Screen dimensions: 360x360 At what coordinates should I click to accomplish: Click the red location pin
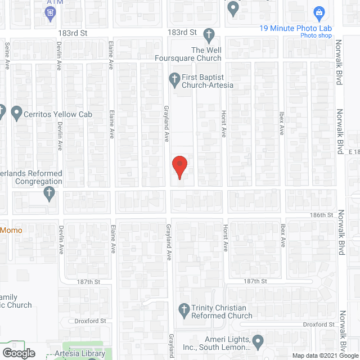tap(179, 166)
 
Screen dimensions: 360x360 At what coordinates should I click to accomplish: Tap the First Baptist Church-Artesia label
tap(207, 81)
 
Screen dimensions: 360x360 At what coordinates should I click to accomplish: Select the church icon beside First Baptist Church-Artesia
tap(174, 78)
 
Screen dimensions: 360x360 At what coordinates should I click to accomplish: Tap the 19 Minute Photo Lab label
tap(295, 29)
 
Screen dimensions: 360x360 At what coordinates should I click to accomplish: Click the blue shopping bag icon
tap(319, 12)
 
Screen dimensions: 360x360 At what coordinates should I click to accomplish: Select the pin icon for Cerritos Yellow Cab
tap(16, 114)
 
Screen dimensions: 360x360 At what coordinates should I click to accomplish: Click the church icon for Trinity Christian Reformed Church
tap(183, 309)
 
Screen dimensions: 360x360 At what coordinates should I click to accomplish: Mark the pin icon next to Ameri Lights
tap(258, 340)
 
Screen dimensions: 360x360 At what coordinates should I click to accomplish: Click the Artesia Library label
tap(78, 354)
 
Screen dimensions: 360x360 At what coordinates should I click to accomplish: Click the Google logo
tap(18, 353)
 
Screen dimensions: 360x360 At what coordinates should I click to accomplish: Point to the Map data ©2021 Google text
tap(320, 355)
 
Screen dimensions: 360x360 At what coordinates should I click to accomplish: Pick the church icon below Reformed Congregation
tap(49, 193)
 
